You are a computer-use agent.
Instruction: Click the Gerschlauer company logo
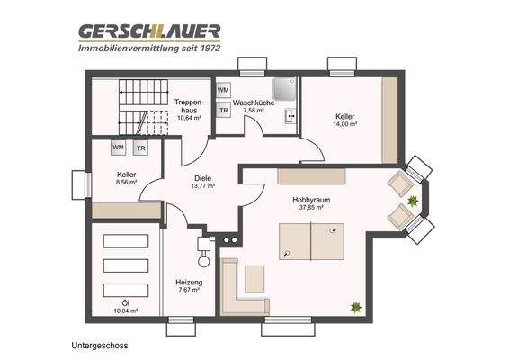148,31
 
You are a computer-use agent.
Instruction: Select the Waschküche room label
254,103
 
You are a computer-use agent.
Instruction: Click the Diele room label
203,177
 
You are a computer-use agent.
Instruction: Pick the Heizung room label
189,282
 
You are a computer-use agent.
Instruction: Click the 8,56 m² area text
126,182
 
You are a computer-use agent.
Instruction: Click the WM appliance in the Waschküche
223,91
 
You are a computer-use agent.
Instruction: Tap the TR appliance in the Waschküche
223,111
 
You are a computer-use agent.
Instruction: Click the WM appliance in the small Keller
118,147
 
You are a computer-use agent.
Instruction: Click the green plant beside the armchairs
413,200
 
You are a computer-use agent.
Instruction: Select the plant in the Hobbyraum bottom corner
356,307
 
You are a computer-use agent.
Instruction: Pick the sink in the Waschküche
290,115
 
